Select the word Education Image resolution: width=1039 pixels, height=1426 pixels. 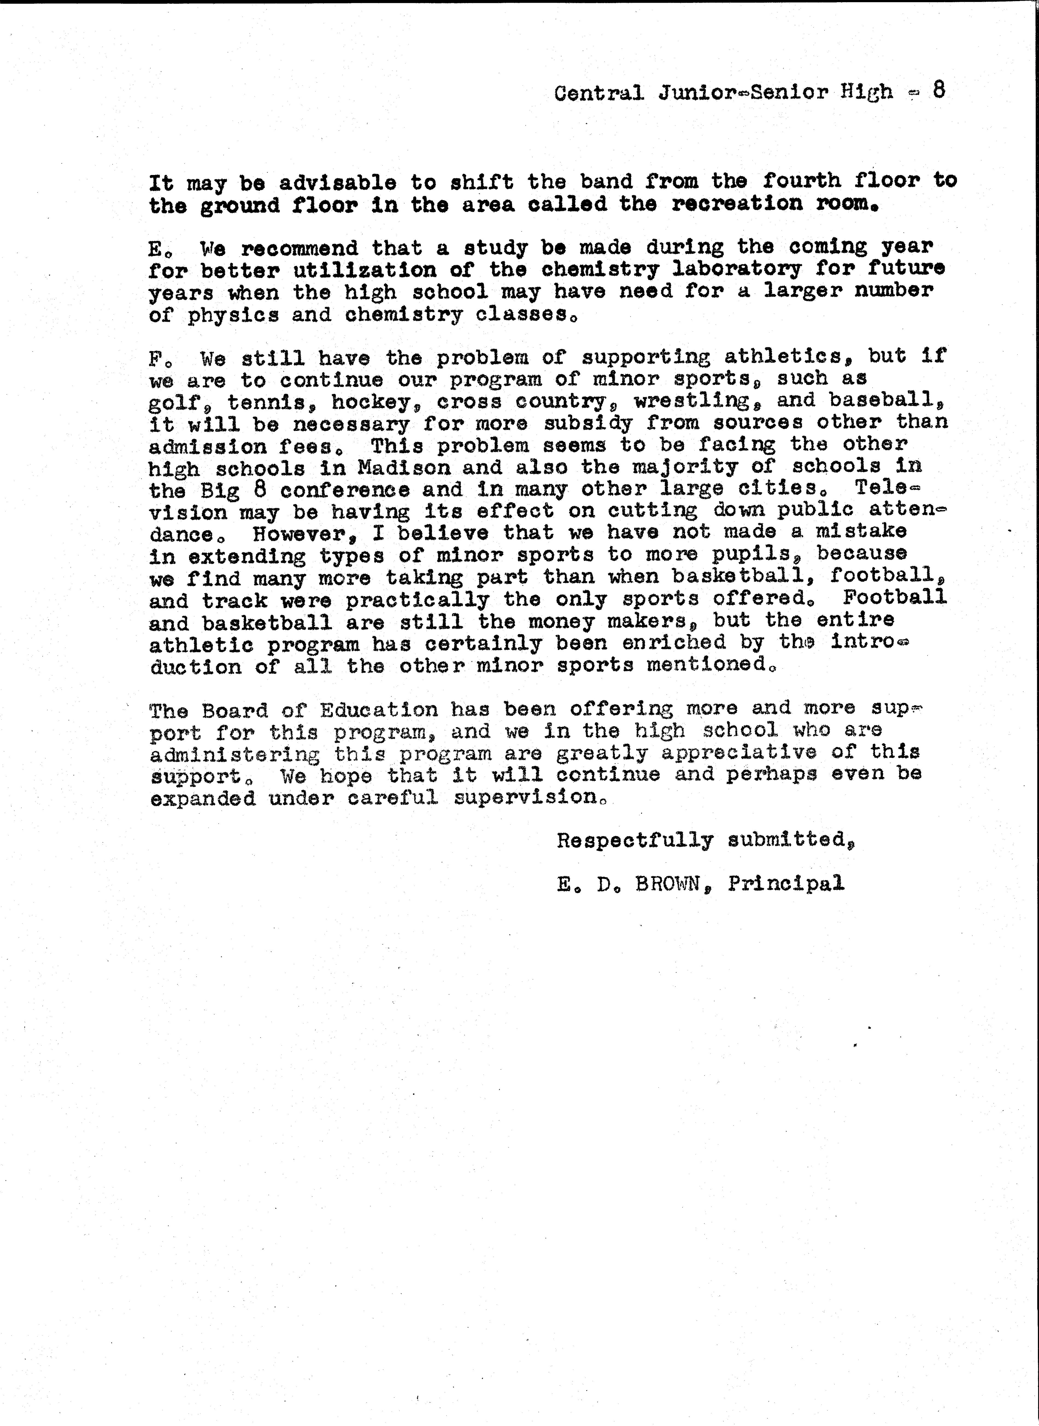click(378, 710)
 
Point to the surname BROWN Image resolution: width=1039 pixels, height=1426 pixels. click(668, 884)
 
